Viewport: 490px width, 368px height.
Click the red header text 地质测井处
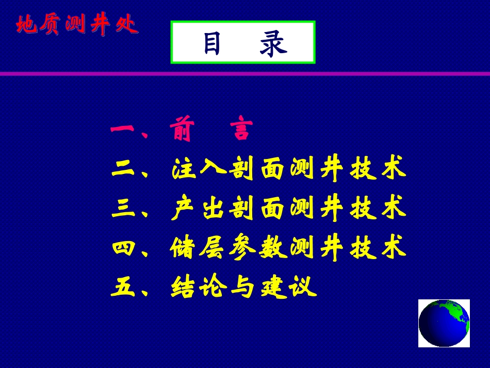[x=77, y=24]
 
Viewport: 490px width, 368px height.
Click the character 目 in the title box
[x=212, y=43]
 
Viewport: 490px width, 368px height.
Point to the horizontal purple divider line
[x=245, y=74]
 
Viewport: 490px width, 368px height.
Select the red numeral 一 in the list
[x=122, y=129]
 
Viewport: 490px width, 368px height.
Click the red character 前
[x=182, y=129]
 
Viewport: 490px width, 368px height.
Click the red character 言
[x=241, y=128]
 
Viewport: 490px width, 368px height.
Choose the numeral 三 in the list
[x=123, y=209]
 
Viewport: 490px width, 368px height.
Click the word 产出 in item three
[x=198, y=207]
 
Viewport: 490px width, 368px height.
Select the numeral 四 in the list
[x=123, y=248]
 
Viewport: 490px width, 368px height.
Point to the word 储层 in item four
[x=197, y=247]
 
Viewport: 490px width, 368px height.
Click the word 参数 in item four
[x=257, y=247]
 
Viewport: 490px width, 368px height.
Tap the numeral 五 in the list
[x=123, y=287]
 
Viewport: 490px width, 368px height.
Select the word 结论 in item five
[x=198, y=286]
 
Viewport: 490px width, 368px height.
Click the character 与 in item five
[x=242, y=286]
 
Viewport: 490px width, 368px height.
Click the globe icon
[x=444, y=323]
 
